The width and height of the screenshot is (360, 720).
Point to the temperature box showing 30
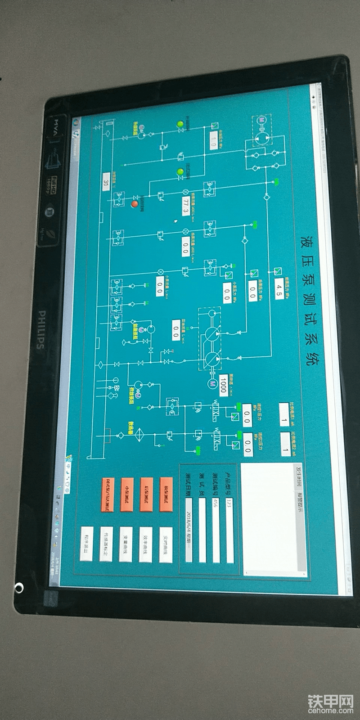tap(106, 183)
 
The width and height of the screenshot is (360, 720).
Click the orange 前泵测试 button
tap(166, 494)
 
